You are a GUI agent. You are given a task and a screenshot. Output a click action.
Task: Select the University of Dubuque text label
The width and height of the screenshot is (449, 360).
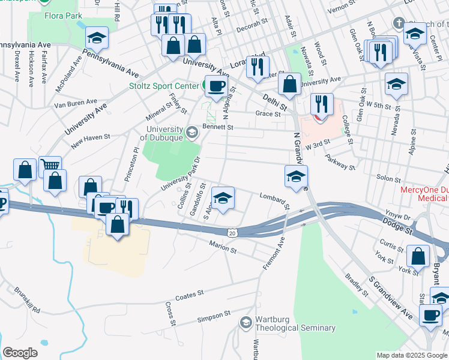click(x=161, y=133)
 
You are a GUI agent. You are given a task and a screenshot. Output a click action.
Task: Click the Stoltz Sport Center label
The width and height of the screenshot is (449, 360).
click(x=164, y=86)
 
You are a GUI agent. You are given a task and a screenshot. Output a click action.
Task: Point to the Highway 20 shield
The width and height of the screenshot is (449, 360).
click(x=232, y=232)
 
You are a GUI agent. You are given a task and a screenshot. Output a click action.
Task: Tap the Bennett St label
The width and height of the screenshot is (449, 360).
click(x=217, y=127)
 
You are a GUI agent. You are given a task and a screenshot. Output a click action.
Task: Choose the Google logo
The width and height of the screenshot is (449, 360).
click(x=20, y=353)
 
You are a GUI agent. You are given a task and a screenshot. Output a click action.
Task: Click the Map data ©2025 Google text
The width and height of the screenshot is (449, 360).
click(x=412, y=355)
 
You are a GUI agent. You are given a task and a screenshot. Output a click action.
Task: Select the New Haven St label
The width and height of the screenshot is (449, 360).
click(x=90, y=137)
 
